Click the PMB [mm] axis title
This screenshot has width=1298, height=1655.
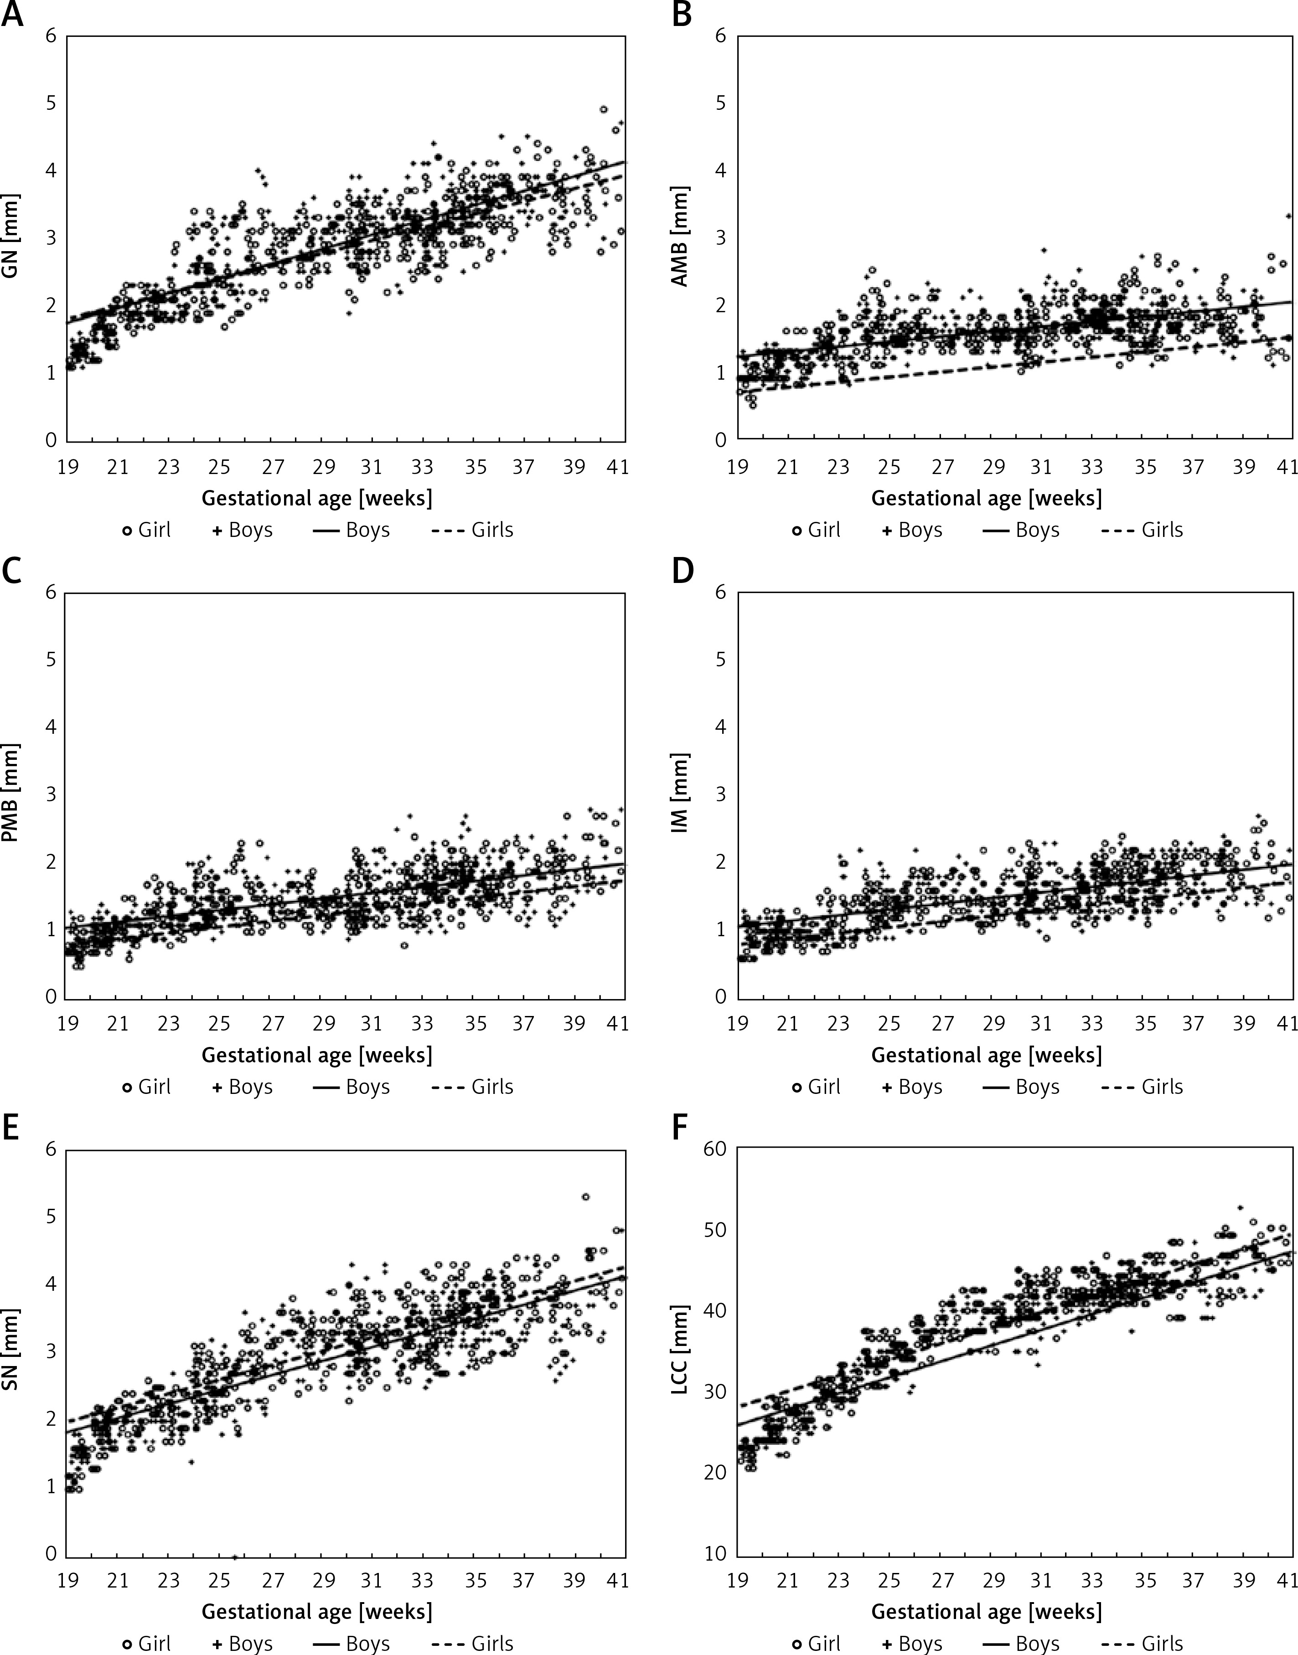(x=11, y=794)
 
